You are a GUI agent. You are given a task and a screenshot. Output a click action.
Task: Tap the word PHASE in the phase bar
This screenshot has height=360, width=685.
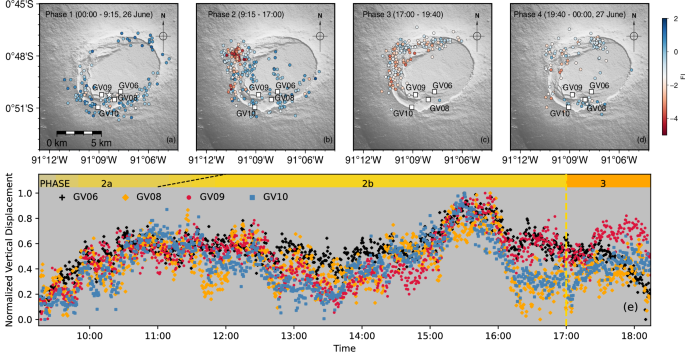click(x=56, y=183)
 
